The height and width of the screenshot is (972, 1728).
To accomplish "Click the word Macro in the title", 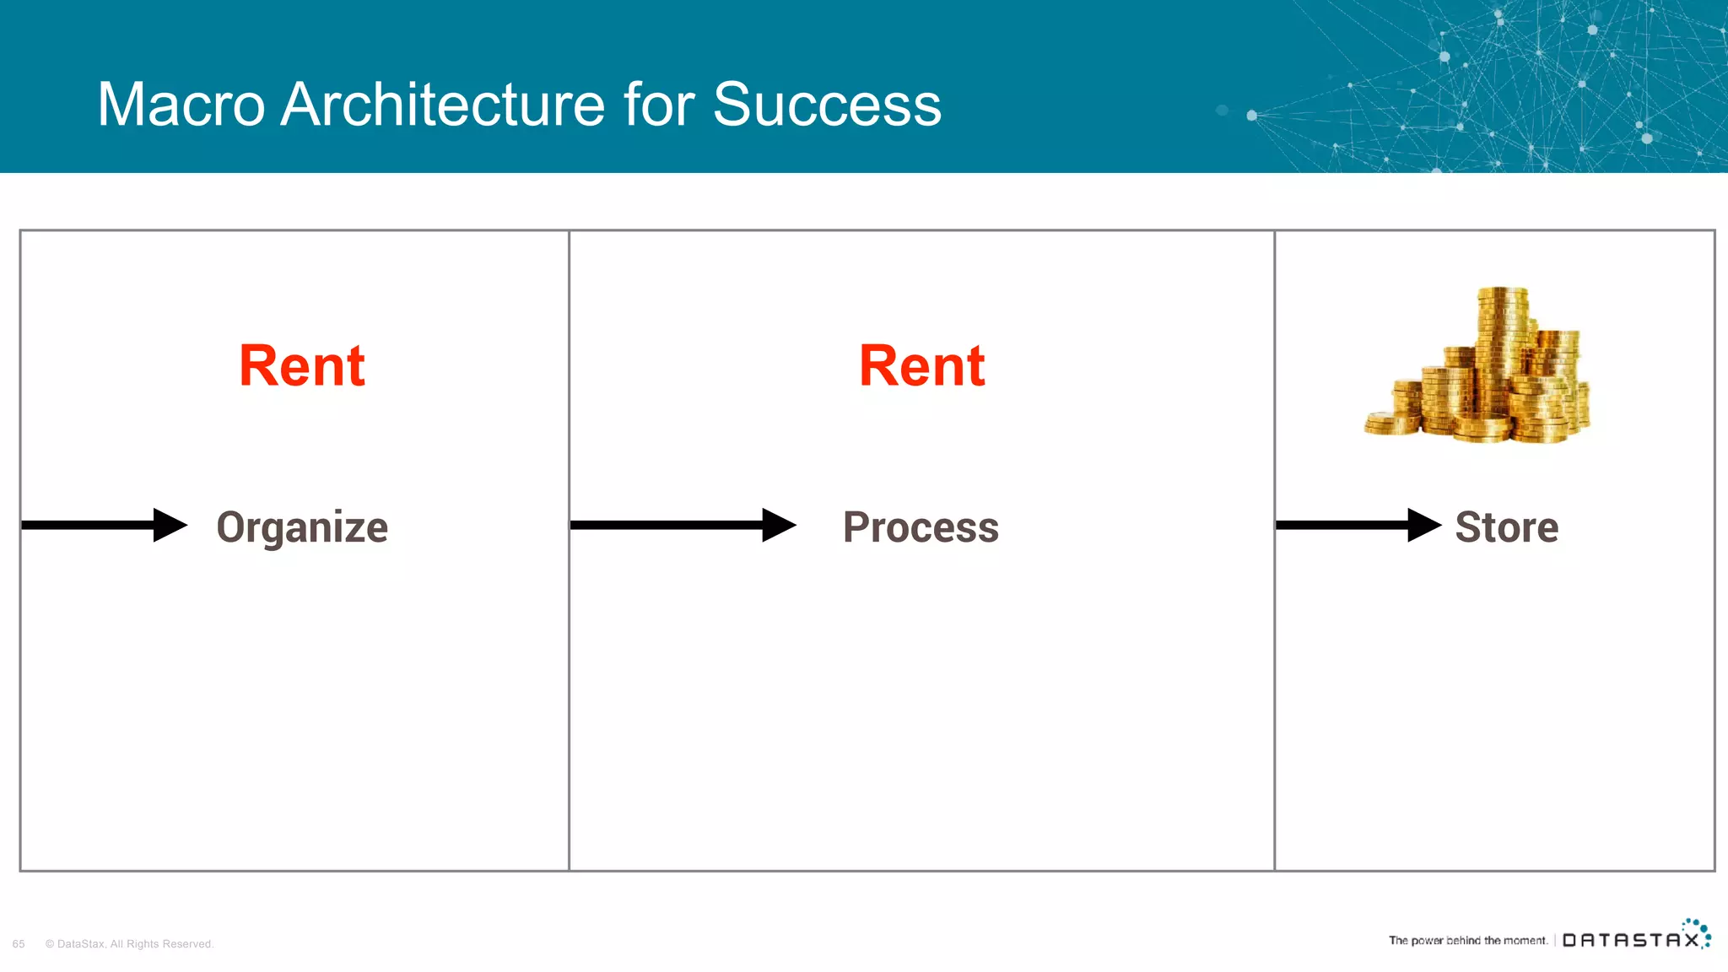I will [x=181, y=105].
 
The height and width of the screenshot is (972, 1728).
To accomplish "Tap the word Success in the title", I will [x=827, y=105].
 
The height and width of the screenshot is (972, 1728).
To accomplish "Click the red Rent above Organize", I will [x=302, y=366].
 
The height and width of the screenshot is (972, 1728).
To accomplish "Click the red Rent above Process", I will [x=921, y=366].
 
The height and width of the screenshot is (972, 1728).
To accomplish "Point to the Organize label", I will [x=302, y=528].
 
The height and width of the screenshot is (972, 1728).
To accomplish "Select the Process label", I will [x=921, y=527].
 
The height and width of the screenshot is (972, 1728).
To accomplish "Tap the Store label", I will [x=1506, y=527].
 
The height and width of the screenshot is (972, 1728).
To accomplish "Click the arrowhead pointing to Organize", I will [x=169, y=525].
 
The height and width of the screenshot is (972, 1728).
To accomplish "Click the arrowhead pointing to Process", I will [x=777, y=525].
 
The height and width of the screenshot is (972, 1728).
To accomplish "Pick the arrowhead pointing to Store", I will [x=1423, y=525].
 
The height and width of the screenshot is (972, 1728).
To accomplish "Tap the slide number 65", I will [x=19, y=944].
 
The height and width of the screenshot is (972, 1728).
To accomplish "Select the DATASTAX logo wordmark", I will [x=1630, y=940].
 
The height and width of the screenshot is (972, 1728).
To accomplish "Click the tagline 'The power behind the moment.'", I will [x=1467, y=940].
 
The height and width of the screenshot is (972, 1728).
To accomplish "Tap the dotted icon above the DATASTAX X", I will [x=1698, y=928].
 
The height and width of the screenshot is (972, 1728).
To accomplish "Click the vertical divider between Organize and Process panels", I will [x=570, y=675].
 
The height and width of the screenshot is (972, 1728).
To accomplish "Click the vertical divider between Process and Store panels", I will [x=1274, y=675].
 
